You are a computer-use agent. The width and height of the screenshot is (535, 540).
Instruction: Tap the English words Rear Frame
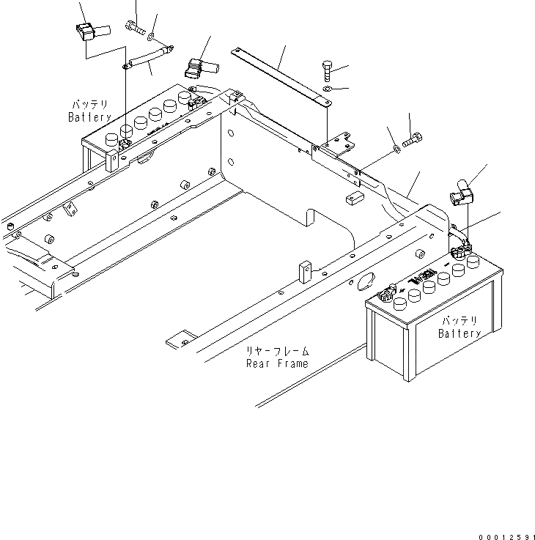276,363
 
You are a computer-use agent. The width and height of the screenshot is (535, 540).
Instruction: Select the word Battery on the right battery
460,333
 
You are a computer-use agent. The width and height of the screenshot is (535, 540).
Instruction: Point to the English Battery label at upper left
90,117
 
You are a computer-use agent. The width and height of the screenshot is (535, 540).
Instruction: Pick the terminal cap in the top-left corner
86,33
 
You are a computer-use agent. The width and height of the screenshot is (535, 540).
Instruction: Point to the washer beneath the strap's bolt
326,89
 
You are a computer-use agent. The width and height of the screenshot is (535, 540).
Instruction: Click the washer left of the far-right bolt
396,149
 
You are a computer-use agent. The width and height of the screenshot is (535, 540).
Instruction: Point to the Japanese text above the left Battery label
90,105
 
